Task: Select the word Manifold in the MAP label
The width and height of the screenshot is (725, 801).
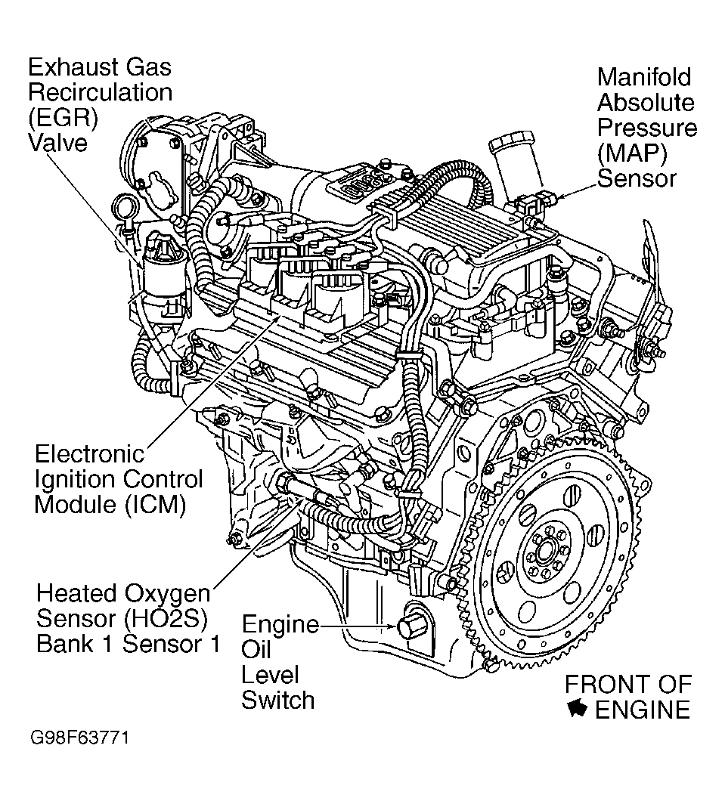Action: coord(644,77)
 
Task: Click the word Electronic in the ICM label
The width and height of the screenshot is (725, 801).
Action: coord(89,454)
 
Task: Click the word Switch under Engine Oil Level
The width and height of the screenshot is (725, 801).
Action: coord(277,700)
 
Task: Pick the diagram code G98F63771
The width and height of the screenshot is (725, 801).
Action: coord(79,737)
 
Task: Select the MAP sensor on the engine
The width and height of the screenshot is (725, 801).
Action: coord(536,203)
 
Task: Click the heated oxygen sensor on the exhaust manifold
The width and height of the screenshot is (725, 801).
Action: coord(299,487)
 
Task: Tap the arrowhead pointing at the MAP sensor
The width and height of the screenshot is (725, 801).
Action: coord(559,197)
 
